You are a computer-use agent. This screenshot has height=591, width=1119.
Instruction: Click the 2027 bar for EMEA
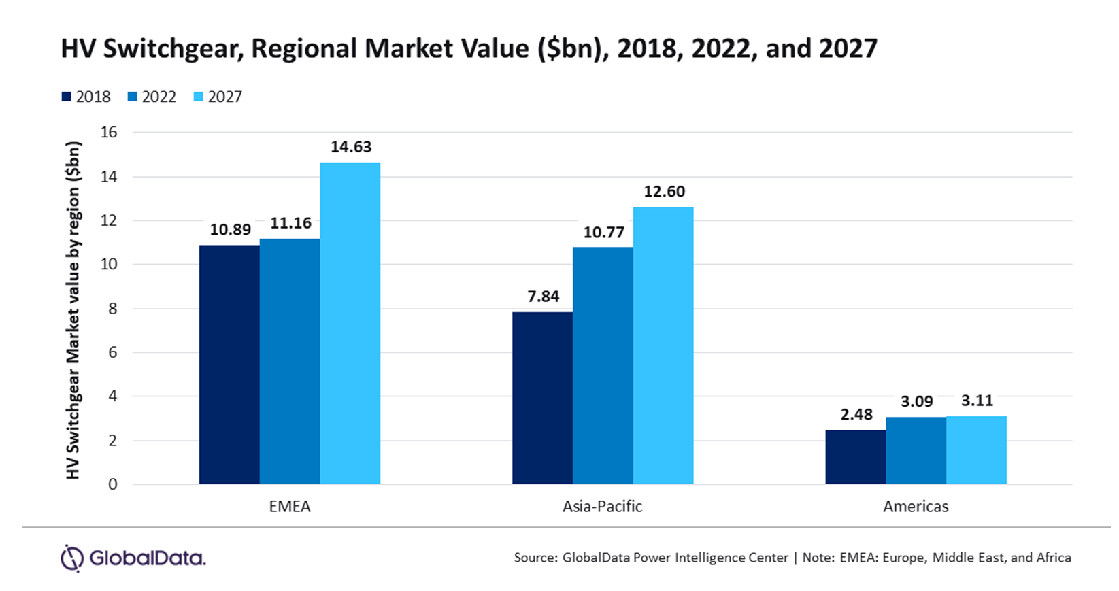(x=350, y=323)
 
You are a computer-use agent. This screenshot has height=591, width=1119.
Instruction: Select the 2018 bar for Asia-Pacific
(x=542, y=398)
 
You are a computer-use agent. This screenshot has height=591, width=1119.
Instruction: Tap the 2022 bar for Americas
(x=916, y=450)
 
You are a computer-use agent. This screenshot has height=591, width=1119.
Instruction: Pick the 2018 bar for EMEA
(x=229, y=365)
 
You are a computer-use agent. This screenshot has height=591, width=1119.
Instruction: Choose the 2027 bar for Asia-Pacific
(x=663, y=345)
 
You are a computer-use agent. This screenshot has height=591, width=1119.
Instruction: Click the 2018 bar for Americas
(x=855, y=457)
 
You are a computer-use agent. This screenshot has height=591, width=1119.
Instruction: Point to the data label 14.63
(x=351, y=148)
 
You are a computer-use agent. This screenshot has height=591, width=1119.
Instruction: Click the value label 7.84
(x=543, y=297)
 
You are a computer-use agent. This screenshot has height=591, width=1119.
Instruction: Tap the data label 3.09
(x=916, y=402)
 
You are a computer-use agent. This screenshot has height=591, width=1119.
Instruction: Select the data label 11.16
(x=290, y=224)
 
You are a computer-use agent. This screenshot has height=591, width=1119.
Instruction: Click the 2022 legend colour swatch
(x=133, y=97)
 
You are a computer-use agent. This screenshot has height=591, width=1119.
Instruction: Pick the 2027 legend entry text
(x=225, y=97)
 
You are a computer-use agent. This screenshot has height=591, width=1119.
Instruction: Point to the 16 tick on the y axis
(x=109, y=133)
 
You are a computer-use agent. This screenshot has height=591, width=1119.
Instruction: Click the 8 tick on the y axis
(x=112, y=309)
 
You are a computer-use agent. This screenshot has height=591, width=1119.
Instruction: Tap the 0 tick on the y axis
(x=112, y=485)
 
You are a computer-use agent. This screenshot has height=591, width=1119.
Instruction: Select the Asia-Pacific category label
(x=602, y=507)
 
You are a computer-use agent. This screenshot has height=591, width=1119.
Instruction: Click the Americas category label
(x=916, y=507)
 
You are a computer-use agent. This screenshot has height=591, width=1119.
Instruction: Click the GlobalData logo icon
(x=71, y=558)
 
